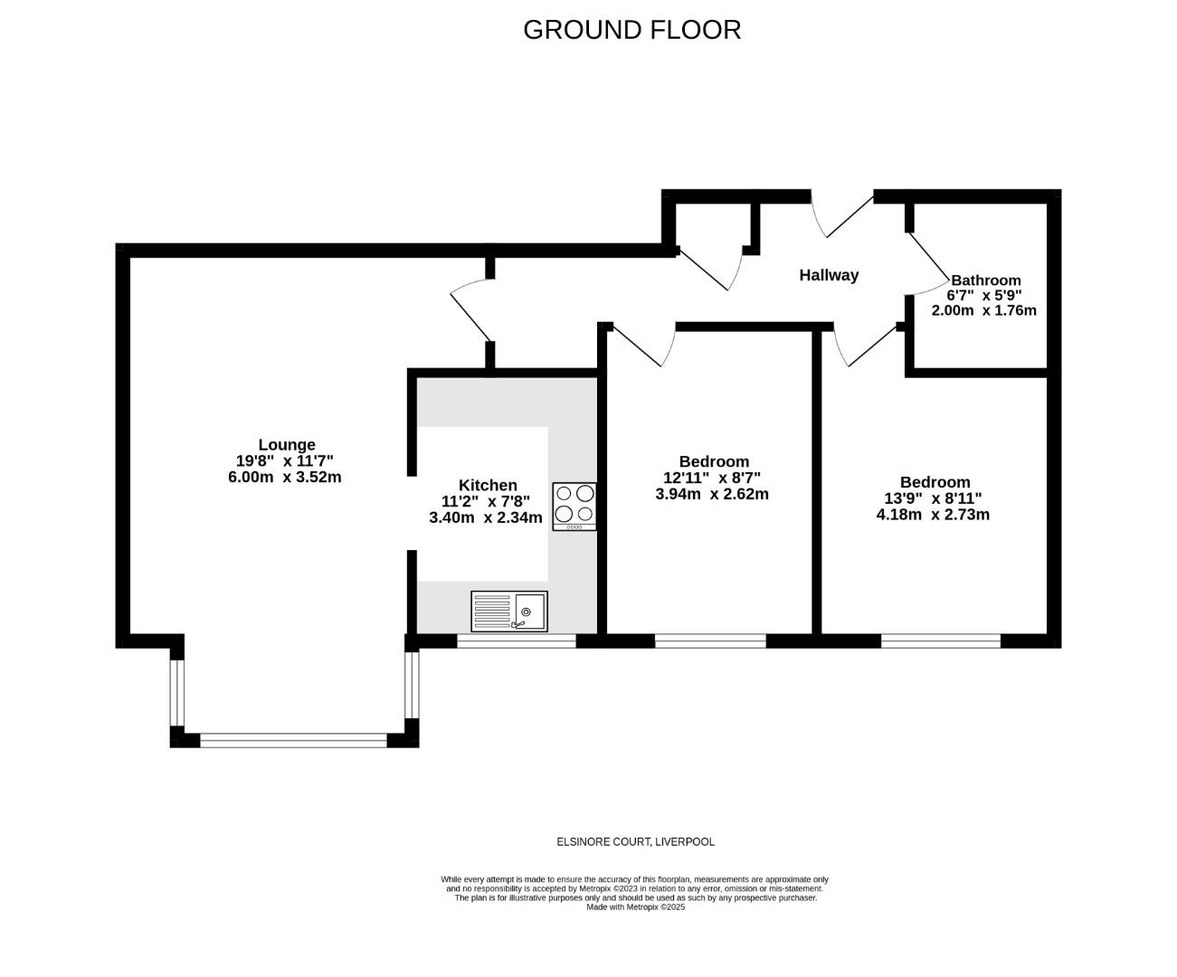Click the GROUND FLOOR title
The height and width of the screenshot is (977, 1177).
tap(631, 30)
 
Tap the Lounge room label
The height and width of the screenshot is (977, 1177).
tap(287, 444)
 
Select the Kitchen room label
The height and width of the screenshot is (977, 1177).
tap(488, 485)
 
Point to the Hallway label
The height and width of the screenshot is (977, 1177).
tap(829, 275)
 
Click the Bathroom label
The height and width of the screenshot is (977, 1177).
tap(985, 280)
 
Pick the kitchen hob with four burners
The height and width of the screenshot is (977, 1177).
tap(574, 506)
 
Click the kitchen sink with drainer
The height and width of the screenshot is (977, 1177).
tap(508, 612)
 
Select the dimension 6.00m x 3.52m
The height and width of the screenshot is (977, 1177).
tap(285, 477)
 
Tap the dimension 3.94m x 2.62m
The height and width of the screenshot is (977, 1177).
tap(712, 494)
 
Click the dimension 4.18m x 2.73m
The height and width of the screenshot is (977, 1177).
tap(933, 515)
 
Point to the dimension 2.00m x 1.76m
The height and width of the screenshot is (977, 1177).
tap(983, 310)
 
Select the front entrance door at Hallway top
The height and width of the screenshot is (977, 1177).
tap(841, 215)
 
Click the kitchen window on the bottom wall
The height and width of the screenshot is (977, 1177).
tap(517, 641)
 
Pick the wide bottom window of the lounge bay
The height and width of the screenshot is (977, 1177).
tap(293, 740)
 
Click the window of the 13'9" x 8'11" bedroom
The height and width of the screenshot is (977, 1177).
tap(941, 641)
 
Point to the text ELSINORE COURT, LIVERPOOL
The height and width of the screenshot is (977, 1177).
tap(635, 842)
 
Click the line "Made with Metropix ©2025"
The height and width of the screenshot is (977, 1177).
tap(635, 907)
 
